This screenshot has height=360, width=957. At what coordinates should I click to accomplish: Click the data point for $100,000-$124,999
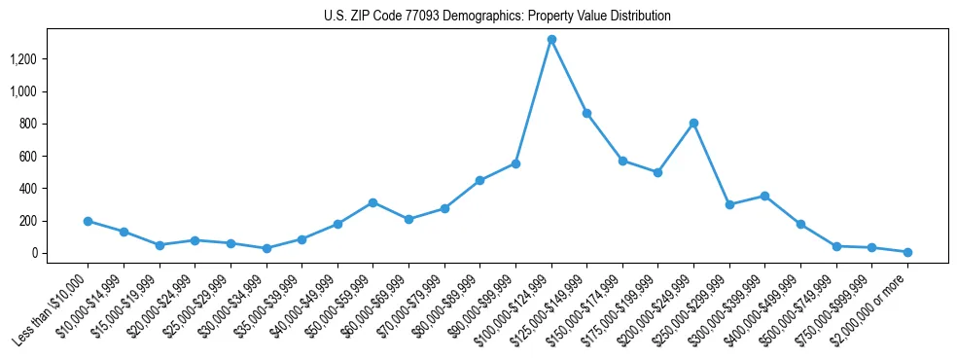551,39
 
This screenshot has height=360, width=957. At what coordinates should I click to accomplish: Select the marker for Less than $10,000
88,221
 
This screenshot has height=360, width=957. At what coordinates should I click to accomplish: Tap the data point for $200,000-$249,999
693,123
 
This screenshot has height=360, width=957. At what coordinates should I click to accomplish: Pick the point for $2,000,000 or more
906,252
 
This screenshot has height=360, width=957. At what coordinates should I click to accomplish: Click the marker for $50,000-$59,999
372,202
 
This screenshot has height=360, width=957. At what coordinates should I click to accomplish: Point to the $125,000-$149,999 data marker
586,113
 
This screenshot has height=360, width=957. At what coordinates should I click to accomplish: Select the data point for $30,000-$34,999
266,248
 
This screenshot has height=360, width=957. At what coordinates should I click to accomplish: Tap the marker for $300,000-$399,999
764,196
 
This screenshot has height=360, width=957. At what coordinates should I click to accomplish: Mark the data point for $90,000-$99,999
515,163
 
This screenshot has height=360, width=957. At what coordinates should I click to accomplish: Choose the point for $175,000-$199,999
657,172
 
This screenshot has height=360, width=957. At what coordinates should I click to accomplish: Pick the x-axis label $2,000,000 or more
871,311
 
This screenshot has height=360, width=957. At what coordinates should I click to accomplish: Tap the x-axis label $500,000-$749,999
800,311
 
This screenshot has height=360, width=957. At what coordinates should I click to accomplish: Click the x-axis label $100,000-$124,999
515,311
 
